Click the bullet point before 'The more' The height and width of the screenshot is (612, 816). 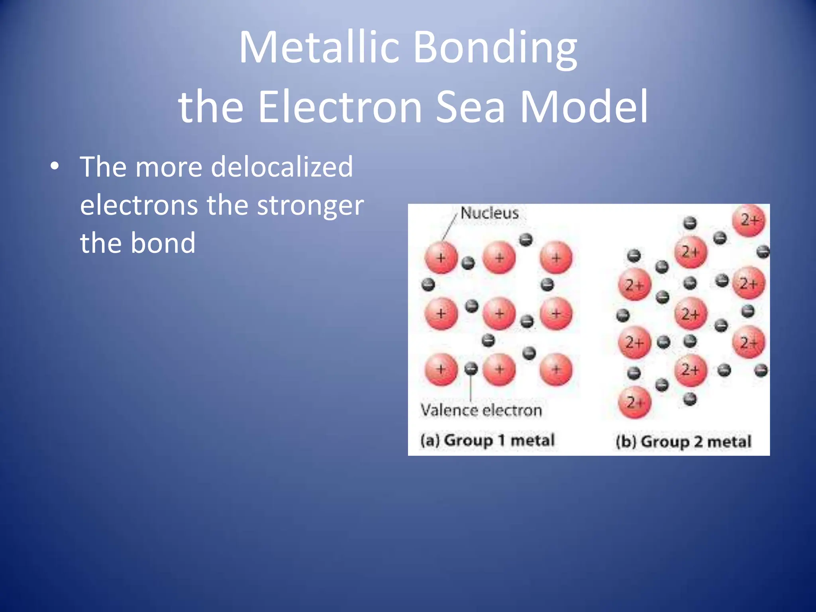coord(55,167)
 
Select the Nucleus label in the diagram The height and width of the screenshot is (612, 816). coord(489,213)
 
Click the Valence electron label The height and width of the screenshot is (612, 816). coord(481,410)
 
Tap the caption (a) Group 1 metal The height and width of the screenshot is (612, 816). coord(487,440)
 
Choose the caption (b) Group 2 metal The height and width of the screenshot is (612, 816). coord(683,441)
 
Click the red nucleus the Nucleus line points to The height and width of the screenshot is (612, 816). coord(441,258)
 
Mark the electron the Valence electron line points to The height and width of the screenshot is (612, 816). coord(471,369)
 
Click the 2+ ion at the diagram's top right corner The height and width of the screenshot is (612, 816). coord(749,220)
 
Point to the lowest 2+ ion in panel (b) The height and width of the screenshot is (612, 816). coord(634,402)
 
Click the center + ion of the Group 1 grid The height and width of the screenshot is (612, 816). coord(499,314)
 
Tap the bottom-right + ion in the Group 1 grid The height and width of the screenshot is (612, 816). coord(556,369)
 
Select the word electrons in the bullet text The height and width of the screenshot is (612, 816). coord(139,206)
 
